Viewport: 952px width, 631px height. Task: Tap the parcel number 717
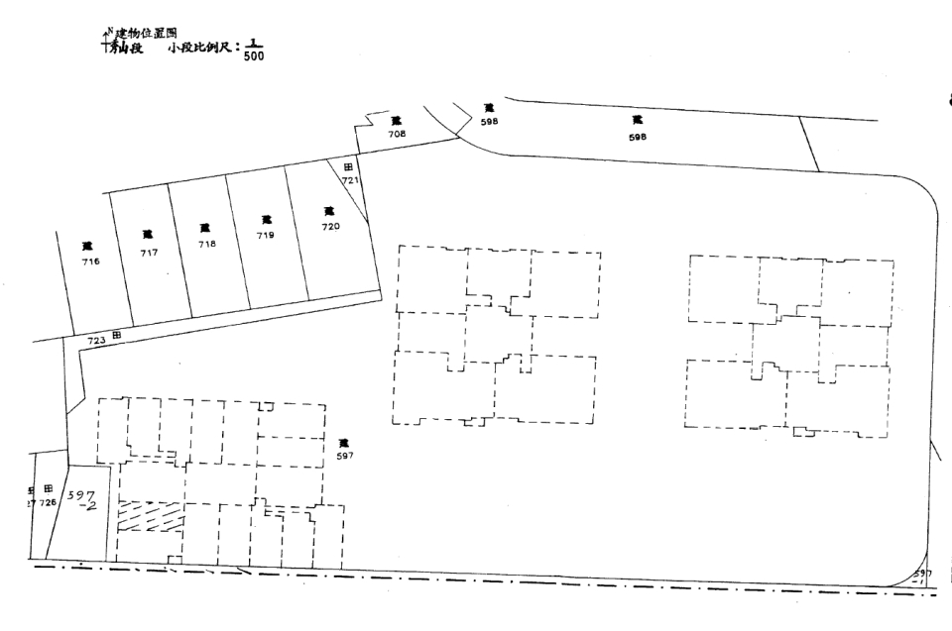tap(149, 252)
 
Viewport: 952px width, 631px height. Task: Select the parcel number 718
tap(206, 244)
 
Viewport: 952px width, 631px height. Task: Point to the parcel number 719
tap(265, 236)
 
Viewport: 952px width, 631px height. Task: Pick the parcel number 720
tap(330, 227)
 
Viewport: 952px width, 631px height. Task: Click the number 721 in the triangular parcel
tap(349, 181)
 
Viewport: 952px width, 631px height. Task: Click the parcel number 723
tap(96, 339)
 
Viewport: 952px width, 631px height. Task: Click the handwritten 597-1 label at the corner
tap(923, 577)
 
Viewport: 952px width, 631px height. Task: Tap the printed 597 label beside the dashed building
tap(344, 456)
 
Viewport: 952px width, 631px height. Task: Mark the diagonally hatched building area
tap(151, 516)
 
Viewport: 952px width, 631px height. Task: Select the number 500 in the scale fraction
tap(253, 55)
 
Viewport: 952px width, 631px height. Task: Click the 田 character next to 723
tap(117, 337)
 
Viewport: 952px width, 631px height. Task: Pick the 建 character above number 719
tap(265, 220)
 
